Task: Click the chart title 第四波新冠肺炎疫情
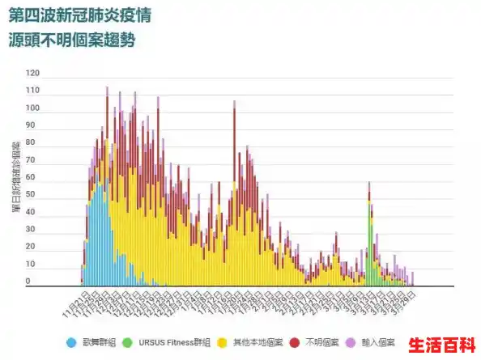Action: (x=79, y=16)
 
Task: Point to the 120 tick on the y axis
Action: (x=32, y=73)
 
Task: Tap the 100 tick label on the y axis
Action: (x=32, y=108)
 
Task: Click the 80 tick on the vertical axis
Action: (x=32, y=143)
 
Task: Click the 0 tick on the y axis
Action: (x=28, y=282)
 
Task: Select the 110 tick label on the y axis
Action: (x=32, y=90)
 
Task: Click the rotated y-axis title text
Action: (x=15, y=178)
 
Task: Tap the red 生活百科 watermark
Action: (x=441, y=344)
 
